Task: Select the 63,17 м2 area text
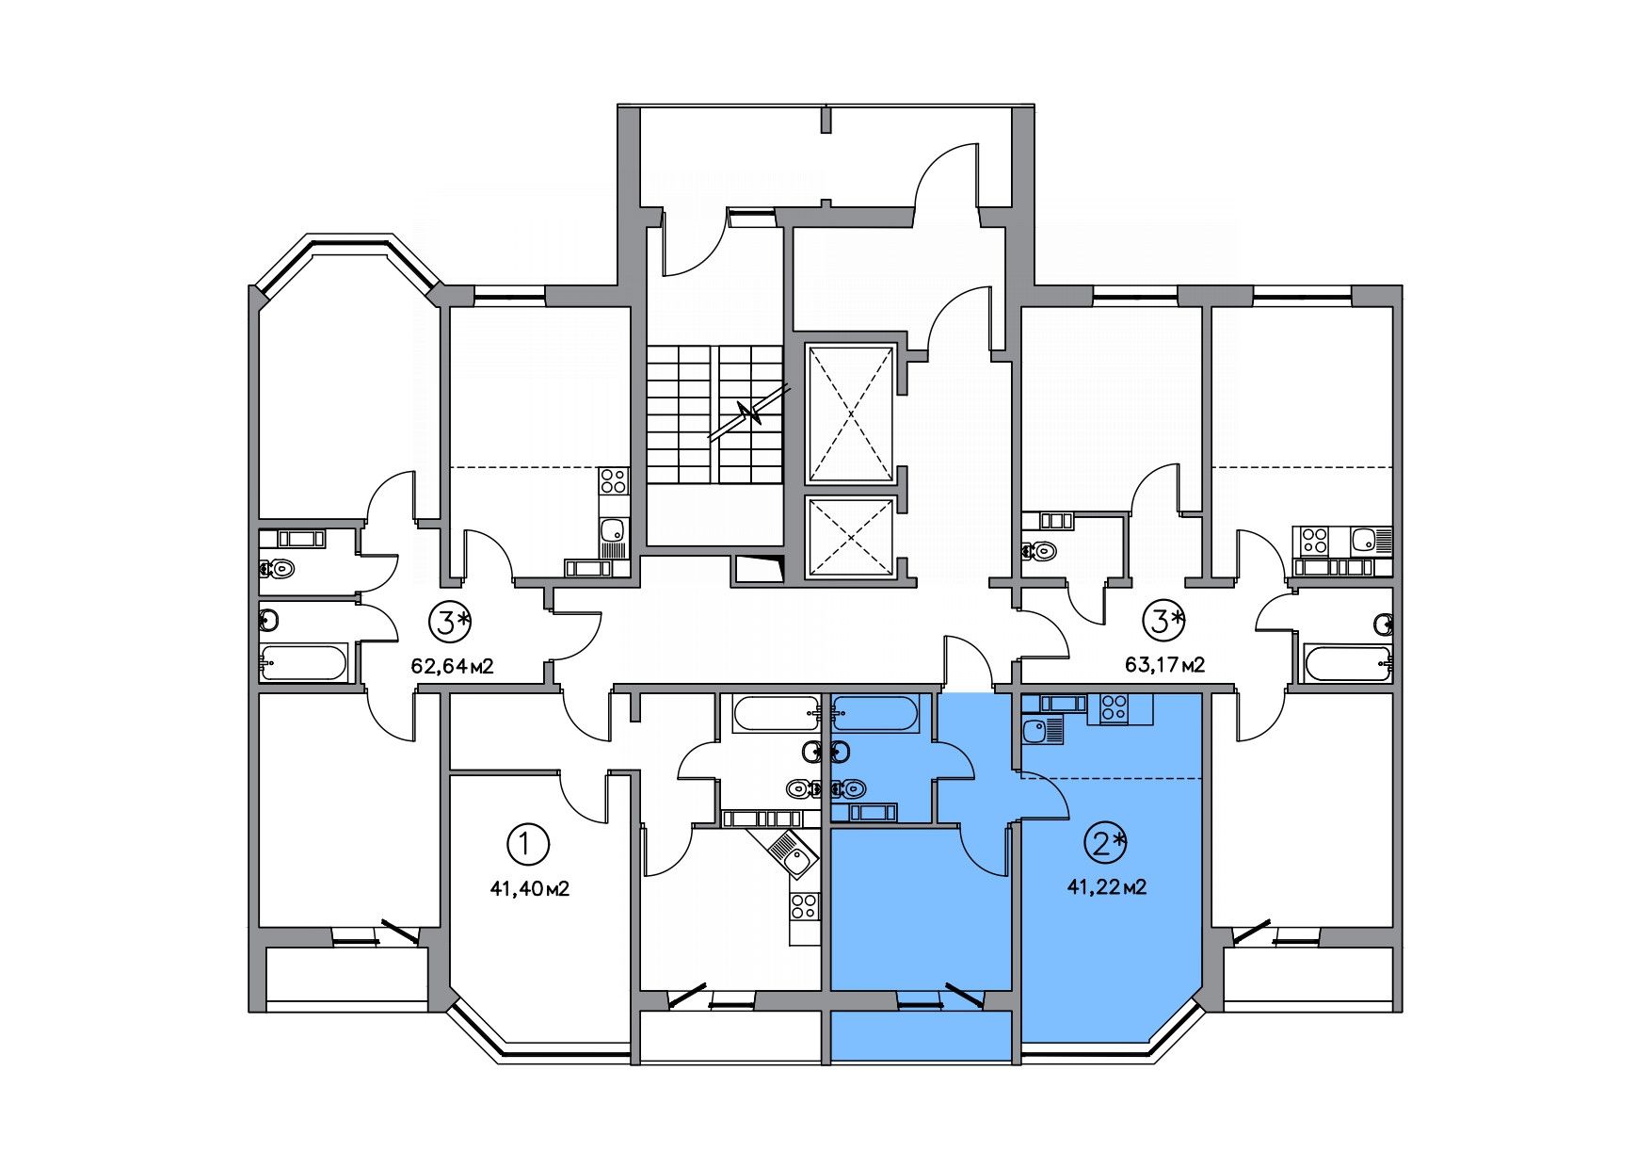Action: tap(1165, 665)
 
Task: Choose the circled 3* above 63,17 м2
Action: tap(1165, 620)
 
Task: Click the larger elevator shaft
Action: tap(851, 414)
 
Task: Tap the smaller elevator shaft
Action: tap(851, 537)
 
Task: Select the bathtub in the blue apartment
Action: tap(875, 714)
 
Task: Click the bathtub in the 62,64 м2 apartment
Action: tap(304, 662)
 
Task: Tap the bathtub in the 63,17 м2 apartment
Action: tap(1348, 663)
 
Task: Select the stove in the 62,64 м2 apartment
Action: tap(613, 481)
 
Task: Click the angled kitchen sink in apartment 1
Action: tap(785, 852)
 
